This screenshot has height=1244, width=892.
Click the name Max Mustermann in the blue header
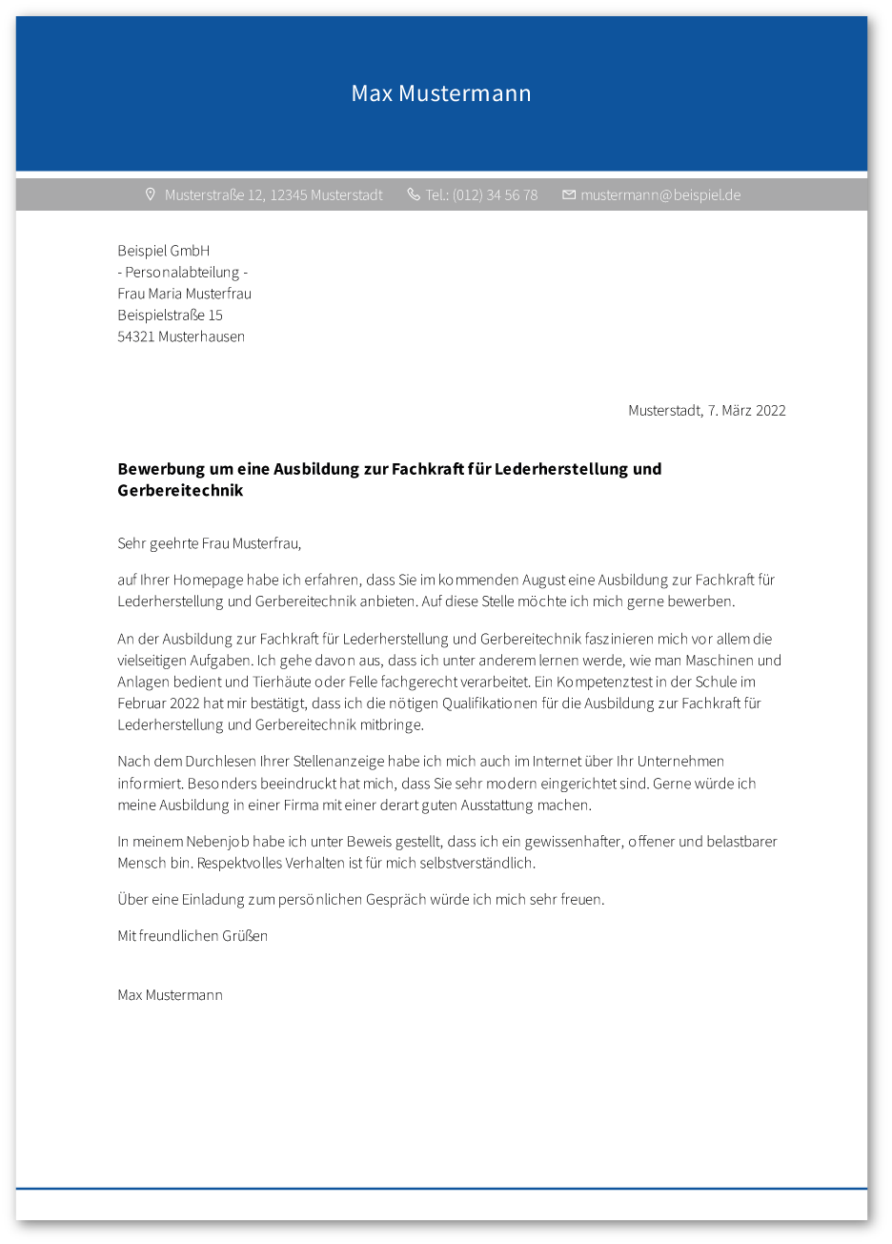click(x=441, y=93)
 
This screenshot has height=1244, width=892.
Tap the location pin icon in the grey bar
click(x=150, y=194)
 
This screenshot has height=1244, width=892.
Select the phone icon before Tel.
click(x=414, y=194)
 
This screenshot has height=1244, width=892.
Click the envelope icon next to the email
click(x=569, y=194)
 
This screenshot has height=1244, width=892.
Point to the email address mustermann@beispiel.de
click(x=660, y=195)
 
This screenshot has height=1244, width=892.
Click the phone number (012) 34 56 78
click(x=495, y=195)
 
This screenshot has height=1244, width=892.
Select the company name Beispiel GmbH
click(x=164, y=251)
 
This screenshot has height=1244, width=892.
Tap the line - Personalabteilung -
click(x=183, y=273)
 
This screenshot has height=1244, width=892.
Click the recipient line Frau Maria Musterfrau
click(x=185, y=294)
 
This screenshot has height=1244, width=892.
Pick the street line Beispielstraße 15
click(x=171, y=315)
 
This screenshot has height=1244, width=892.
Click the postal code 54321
click(x=136, y=336)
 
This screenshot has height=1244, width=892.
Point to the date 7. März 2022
click(x=747, y=411)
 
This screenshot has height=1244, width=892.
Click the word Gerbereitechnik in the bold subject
click(x=180, y=491)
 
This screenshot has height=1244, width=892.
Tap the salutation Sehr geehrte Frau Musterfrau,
click(x=210, y=544)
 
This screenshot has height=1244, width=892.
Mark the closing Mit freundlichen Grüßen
click(x=193, y=936)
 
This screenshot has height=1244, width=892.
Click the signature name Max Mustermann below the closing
click(x=171, y=995)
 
